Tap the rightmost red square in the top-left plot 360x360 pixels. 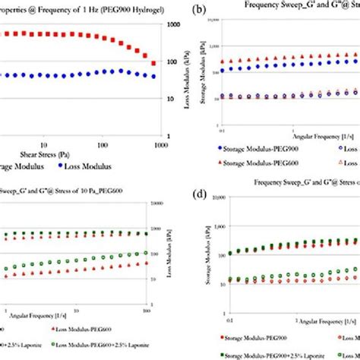coord(154,64)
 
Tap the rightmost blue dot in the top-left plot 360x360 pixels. coord(154,76)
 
